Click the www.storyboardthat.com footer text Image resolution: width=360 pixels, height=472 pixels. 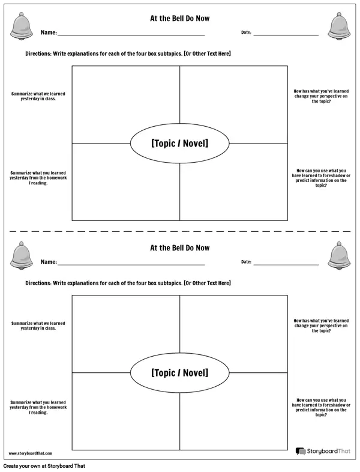[x=31, y=453]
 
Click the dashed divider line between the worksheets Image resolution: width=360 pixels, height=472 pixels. [x=180, y=231]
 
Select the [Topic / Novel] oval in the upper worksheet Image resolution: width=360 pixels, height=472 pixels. [x=179, y=144]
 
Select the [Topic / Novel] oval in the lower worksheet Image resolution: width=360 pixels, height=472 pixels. [x=179, y=373]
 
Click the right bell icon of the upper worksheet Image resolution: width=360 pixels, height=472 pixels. [x=339, y=25]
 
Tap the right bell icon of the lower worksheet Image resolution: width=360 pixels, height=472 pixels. [x=339, y=255]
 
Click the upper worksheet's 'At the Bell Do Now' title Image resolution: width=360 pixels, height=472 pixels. [x=179, y=19]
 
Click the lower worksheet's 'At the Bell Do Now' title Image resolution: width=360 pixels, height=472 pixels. [x=179, y=248]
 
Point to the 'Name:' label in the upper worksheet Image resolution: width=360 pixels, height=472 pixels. [x=49, y=33]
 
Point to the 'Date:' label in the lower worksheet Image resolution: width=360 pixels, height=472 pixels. [x=246, y=262]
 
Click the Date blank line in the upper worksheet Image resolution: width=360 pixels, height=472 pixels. [x=286, y=35]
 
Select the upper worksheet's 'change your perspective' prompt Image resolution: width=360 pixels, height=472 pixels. [x=320, y=97]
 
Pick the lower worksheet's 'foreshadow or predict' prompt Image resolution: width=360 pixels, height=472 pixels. [x=320, y=407]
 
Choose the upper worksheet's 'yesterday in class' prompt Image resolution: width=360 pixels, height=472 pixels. [x=38, y=97]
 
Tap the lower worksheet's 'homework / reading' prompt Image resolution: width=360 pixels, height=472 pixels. [x=38, y=407]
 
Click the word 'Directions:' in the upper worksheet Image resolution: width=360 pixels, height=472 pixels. [x=38, y=53]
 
